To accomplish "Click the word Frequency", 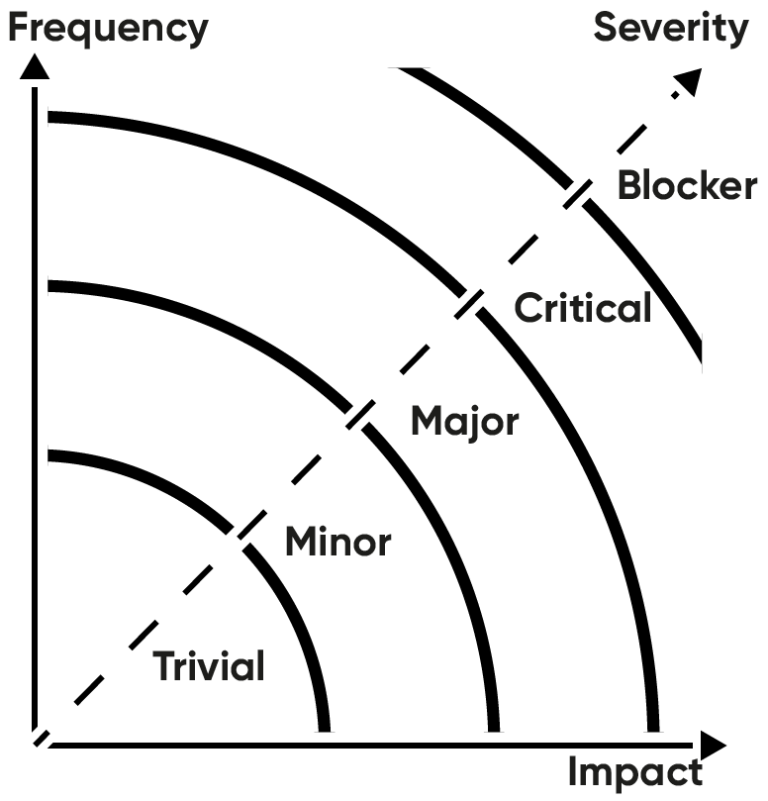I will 108,27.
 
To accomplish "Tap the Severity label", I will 671,27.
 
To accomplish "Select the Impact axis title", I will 635,771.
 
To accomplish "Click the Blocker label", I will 687,185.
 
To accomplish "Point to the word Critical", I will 583,308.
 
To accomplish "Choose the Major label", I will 464,421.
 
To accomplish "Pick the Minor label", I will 337,542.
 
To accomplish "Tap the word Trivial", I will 209,666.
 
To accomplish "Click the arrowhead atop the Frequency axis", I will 35,67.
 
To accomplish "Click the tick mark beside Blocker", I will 576,193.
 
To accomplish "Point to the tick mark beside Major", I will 358,415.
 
